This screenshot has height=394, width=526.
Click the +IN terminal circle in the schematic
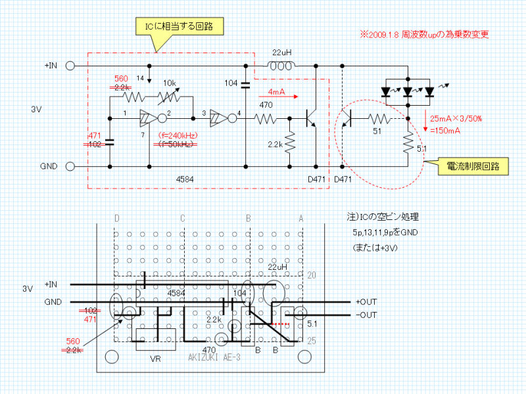pyautogui.click(x=70, y=66)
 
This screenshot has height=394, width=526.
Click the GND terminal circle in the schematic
pyautogui.click(x=70, y=166)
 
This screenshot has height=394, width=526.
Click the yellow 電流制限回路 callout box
pyautogui.click(x=471, y=167)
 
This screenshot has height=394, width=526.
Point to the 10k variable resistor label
pyautogui.click(x=170, y=83)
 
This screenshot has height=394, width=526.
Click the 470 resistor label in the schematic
pyautogui.click(x=266, y=105)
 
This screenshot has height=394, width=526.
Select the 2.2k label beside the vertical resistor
pyautogui.click(x=274, y=144)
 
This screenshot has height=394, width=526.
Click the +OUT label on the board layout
pyautogui.click(x=368, y=301)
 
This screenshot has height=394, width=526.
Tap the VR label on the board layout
pyautogui.click(x=156, y=359)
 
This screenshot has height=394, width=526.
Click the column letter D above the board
pyautogui.click(x=117, y=217)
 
